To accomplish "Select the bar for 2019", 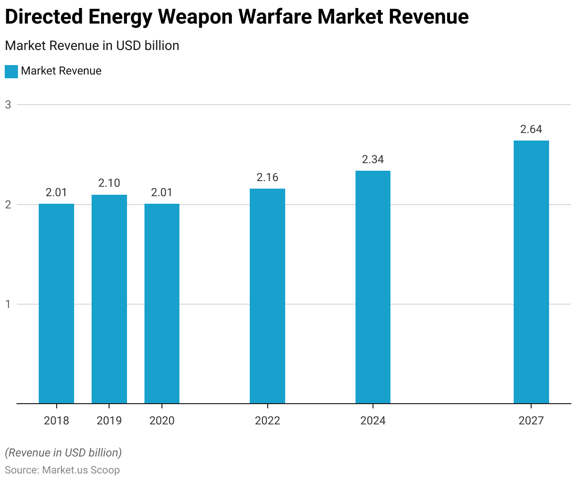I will [x=109, y=299].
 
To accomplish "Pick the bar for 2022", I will [x=267, y=296].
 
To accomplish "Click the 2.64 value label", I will [x=531, y=129].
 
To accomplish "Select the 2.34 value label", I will [x=373, y=159].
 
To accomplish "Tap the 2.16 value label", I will [x=267, y=177].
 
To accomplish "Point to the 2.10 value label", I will [x=109, y=183].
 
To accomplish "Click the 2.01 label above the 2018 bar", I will [x=56, y=192].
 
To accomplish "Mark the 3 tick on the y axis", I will [x=8, y=105].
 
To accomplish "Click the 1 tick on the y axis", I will [x=8, y=304].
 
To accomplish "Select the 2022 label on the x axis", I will [x=267, y=421].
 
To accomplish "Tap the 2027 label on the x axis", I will [x=531, y=421].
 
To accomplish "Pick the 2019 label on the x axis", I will [x=109, y=421].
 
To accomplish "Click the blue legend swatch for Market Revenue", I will [x=11, y=71].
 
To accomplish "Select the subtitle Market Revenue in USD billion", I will [x=92, y=46].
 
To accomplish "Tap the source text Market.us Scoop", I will [x=81, y=470].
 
